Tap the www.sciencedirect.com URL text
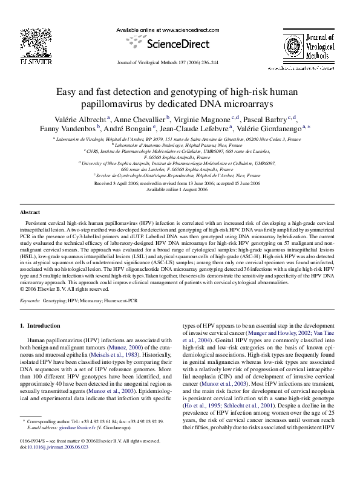tap(175, 28)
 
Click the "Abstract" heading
tap(31, 213)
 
